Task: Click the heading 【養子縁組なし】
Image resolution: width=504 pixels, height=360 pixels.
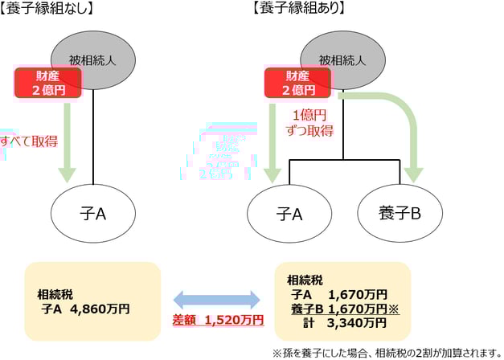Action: [50, 10]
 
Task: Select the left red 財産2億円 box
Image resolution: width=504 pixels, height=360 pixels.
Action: [47, 82]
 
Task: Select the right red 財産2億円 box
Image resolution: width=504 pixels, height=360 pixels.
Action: [297, 82]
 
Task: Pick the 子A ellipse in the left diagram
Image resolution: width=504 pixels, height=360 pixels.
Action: [94, 213]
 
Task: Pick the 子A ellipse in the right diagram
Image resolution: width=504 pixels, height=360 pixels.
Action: [289, 214]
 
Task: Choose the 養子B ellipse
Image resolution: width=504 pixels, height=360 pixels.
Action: [400, 214]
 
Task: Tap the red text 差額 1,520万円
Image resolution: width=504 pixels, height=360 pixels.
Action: [217, 320]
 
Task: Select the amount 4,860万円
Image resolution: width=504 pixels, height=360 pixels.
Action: [100, 308]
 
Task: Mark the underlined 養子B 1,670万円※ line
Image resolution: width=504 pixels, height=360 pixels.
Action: [345, 309]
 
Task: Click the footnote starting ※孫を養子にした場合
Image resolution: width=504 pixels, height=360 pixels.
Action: [385, 351]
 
